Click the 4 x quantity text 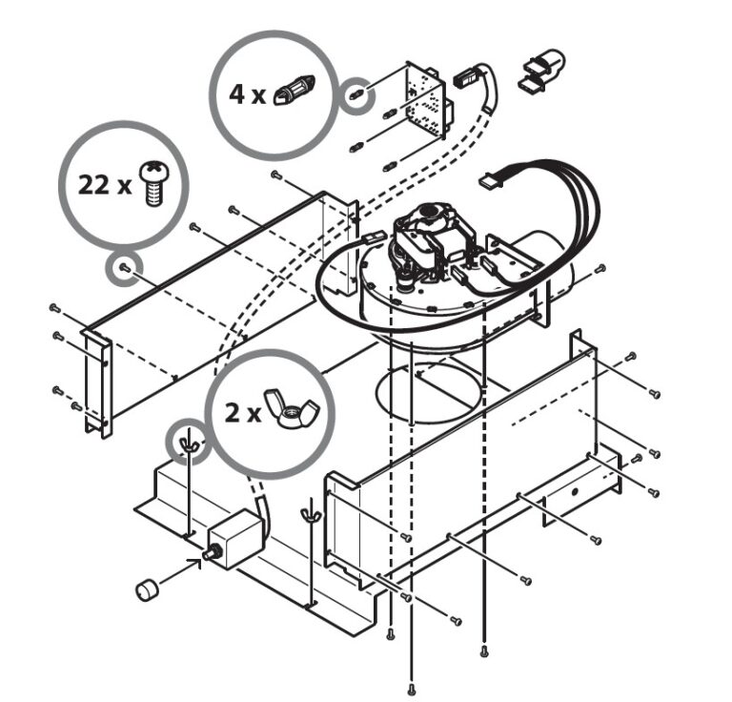pos(247,94)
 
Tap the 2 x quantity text pos(243,413)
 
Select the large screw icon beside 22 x pos(155,184)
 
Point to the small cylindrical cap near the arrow pos(147,588)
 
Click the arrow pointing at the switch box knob pos(181,569)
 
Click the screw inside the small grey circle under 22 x pos(124,267)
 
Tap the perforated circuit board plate pos(425,100)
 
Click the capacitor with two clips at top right pos(541,71)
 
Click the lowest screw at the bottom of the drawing pos(412,688)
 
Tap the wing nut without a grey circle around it pos(311,514)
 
